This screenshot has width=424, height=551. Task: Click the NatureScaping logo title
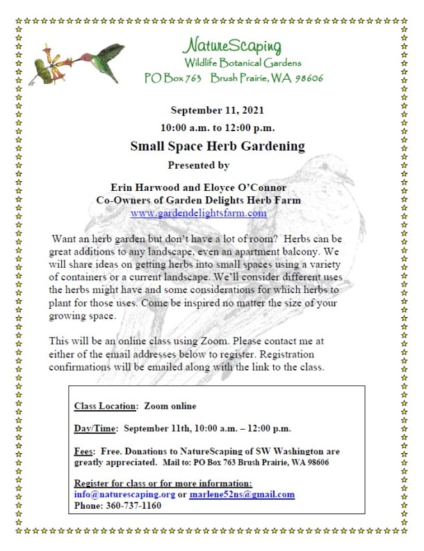click(232, 46)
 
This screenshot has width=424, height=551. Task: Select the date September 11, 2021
click(217, 110)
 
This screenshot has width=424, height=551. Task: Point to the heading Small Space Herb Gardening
click(218, 146)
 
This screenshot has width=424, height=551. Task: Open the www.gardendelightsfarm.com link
click(198, 213)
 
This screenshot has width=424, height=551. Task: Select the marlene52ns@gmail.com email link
click(241, 495)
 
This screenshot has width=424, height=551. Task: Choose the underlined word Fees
click(84, 450)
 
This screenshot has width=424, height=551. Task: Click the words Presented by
click(198, 165)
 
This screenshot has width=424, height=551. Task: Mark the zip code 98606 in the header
click(306, 78)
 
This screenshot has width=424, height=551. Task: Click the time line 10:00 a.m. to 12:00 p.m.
click(217, 128)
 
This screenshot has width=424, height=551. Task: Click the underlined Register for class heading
click(163, 484)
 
